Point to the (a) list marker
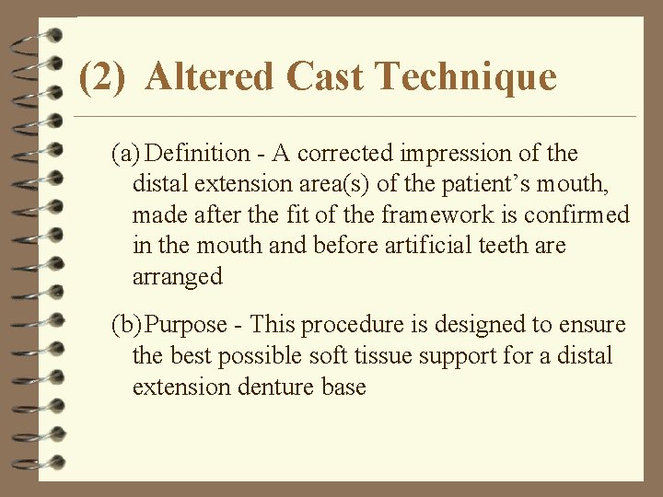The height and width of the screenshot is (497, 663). coord(126,153)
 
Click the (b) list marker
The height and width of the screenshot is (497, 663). coord(127,325)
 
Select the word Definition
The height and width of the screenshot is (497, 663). coord(198,153)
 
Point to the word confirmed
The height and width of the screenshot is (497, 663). coord(577,215)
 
